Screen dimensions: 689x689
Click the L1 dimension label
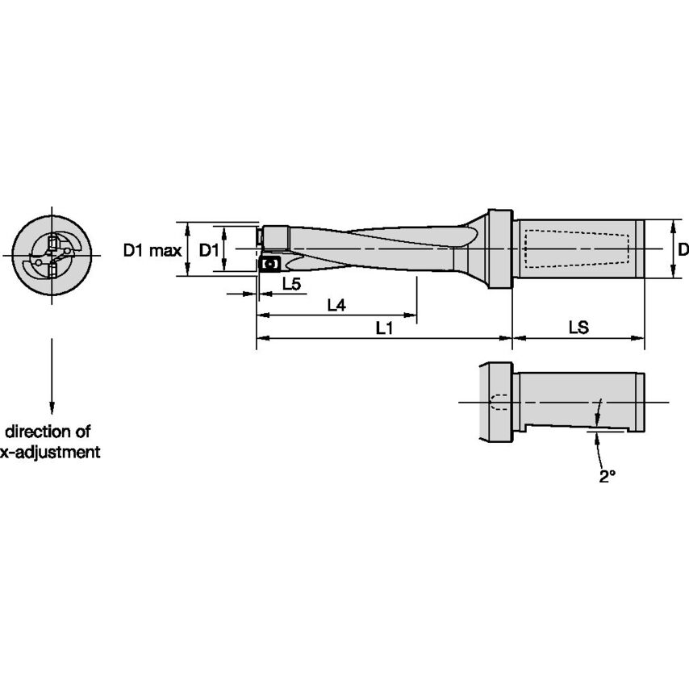point(384,328)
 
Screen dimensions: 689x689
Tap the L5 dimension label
point(291,284)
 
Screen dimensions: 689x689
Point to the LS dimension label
point(578,328)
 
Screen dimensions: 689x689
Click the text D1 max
point(152,250)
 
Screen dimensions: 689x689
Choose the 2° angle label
point(607,477)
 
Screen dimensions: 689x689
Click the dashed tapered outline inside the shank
point(577,249)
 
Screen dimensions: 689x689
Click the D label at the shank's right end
point(683,249)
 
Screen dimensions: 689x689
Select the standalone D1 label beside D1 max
point(209,250)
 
